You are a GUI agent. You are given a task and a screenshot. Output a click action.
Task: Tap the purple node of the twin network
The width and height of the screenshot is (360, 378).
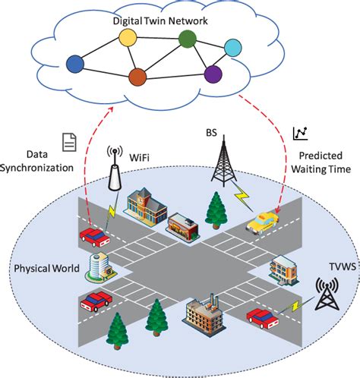point(213,74)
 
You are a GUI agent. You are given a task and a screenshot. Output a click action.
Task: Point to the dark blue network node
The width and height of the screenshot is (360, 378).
point(74,64)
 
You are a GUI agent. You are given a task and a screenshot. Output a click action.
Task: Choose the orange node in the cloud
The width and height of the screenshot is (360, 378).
point(137,76)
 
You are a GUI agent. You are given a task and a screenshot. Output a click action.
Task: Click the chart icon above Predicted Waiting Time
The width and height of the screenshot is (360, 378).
point(299,134)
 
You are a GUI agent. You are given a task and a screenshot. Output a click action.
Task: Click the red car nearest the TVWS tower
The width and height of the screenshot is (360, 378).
point(262,316)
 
